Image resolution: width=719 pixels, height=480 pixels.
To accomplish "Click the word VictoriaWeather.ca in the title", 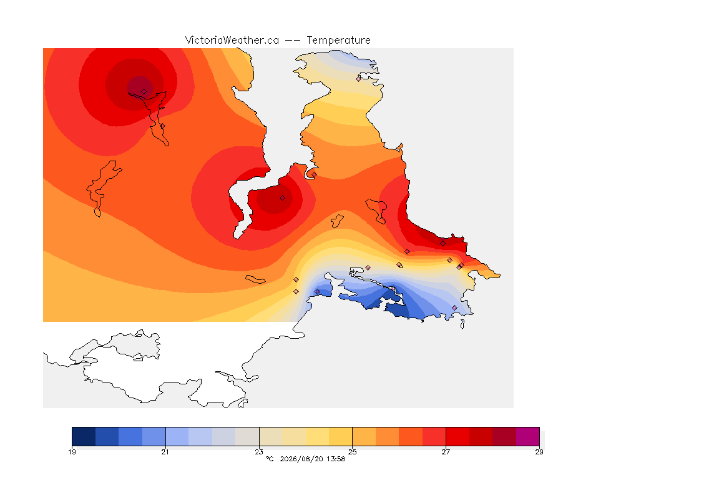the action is [232, 41].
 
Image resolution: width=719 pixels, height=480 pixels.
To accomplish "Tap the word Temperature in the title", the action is [338, 41].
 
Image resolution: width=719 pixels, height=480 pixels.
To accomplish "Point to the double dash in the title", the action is [293, 41].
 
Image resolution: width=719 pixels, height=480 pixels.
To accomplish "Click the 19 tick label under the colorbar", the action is [72, 452].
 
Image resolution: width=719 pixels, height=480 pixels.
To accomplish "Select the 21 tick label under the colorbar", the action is [165, 452].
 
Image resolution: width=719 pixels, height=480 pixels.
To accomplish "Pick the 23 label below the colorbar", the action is [259, 452].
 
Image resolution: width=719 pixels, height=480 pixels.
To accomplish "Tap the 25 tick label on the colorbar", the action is [352, 452].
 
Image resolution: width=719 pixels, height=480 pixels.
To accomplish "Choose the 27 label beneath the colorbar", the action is [446, 452].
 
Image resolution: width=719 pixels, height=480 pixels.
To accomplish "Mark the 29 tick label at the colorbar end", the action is [539, 452].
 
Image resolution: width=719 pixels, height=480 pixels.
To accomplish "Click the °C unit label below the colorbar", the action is [270, 459].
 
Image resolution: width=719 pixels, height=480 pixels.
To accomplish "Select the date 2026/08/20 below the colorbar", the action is [301, 459].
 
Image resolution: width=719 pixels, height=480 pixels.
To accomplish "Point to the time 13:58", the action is [336, 459].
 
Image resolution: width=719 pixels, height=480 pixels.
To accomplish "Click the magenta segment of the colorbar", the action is [528, 436].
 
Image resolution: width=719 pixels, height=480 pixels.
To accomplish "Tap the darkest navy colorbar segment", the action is [84, 436].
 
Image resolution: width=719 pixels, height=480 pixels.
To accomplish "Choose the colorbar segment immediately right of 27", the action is [457, 436].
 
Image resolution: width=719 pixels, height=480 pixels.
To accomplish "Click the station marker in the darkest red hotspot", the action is [144, 92].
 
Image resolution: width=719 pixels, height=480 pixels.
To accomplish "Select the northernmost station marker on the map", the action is [359, 79].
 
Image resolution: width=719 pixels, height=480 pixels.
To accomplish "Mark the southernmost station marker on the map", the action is [455, 307].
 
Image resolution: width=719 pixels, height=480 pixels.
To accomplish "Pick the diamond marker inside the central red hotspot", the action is [283, 198].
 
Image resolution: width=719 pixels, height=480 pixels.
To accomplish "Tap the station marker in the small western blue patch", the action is [317, 292].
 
